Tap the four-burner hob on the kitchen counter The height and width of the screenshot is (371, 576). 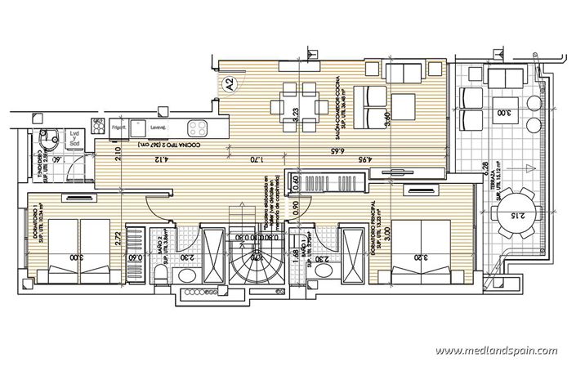pyautogui.click(x=199, y=127)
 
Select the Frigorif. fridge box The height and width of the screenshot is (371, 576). pyautogui.click(x=118, y=127)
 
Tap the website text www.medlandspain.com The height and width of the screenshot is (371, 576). pyautogui.click(x=495, y=351)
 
